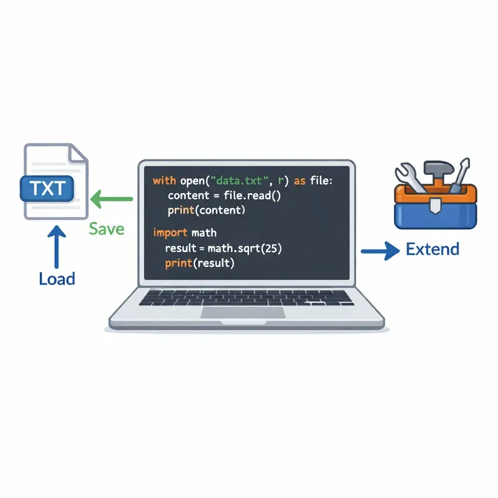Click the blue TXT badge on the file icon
[47, 189]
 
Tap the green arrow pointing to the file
[111, 199]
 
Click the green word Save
[106, 229]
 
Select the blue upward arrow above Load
[57, 247]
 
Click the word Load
[57, 279]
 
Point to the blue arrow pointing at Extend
[380, 251]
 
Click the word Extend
[433, 249]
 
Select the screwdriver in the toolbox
[460, 175]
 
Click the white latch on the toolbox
[435, 205]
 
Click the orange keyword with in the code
[164, 181]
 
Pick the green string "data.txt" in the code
[239, 181]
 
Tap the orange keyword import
[170, 233]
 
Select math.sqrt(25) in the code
[245, 248]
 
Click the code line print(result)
[200, 263]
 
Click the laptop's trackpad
[243, 312]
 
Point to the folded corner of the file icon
[78, 154]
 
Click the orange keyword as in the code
[299, 181]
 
